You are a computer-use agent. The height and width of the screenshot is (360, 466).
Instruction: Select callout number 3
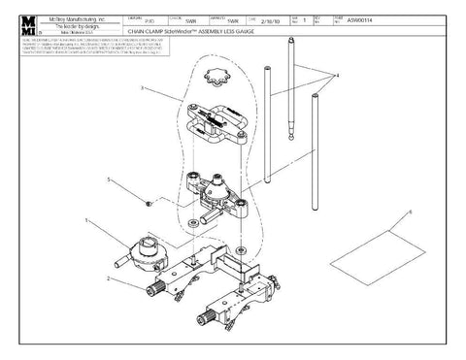143,87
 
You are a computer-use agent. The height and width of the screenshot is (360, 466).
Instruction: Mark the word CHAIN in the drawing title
139,30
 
